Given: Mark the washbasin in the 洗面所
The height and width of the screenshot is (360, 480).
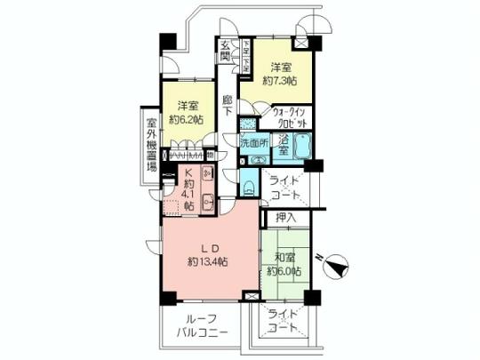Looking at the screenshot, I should pos(259,159).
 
